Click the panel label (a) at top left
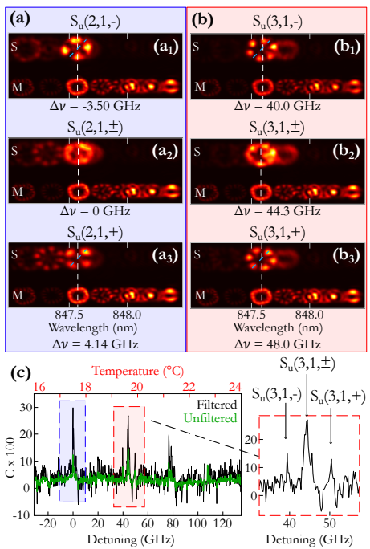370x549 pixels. (x=20, y=19)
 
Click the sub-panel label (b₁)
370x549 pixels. (x=347, y=47)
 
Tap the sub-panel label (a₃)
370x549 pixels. (x=165, y=255)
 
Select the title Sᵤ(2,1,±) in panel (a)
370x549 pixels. (x=96, y=128)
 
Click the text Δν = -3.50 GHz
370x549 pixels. (x=95, y=106)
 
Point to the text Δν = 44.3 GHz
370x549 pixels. (x=277, y=211)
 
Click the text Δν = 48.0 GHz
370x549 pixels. (x=277, y=344)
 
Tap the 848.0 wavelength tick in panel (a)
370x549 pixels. (x=127, y=315)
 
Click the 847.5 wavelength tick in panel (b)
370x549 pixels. (x=251, y=315)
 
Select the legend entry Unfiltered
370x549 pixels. (x=210, y=418)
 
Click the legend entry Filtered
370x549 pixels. (x=217, y=405)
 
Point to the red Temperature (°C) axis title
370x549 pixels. (x=138, y=371)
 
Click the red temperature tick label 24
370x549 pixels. (x=235, y=387)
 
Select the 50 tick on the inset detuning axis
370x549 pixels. (x=330, y=524)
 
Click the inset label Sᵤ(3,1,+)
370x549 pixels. (x=338, y=396)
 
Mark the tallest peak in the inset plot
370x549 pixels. (x=307, y=421)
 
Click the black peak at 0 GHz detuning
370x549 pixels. (x=73, y=409)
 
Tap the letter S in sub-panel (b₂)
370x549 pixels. (x=197, y=151)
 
